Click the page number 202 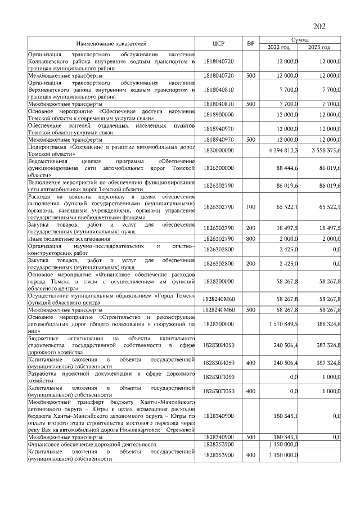coord(319,26)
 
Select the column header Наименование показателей coord(111,43)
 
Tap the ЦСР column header coord(219,43)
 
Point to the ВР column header coord(251,43)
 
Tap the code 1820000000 coord(219,150)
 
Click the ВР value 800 coord(251,240)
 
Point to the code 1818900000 coord(219,115)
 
